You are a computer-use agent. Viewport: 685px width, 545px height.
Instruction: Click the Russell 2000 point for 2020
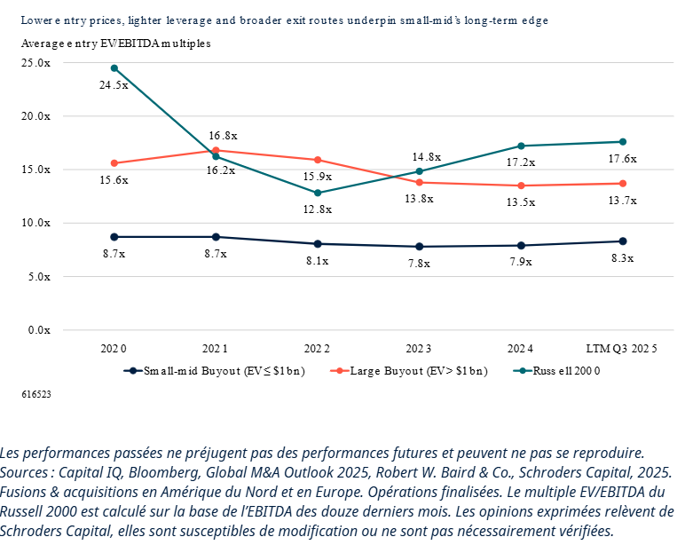pos(114,67)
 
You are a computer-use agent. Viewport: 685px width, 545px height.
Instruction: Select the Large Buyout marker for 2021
pos(216,150)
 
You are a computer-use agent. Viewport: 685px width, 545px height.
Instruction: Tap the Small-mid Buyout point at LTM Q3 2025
pos(623,241)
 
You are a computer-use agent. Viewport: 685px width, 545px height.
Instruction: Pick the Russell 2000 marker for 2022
pos(318,193)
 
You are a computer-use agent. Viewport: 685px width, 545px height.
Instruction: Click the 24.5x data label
pos(114,85)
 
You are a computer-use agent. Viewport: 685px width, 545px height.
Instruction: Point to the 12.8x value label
pos(317,209)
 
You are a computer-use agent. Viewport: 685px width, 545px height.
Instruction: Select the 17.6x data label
pos(623,159)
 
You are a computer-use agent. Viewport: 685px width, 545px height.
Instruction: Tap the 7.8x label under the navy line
pos(419,264)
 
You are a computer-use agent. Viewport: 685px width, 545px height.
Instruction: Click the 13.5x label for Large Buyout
pos(521,202)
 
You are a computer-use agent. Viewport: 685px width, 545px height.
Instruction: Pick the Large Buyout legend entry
pos(409,371)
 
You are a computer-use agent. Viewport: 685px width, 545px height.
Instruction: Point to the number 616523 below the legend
pos(35,392)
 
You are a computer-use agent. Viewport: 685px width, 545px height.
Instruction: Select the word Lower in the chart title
pos(35,19)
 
